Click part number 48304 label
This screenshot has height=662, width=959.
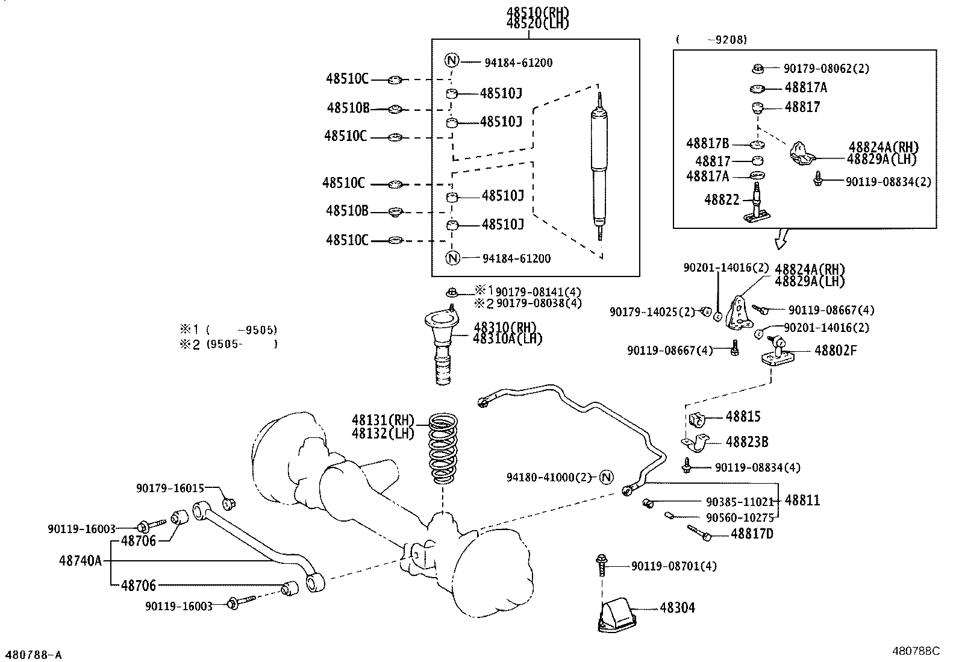pos(677,608)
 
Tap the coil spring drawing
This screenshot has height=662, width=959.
pos(445,448)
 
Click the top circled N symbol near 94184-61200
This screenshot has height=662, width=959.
pos(452,61)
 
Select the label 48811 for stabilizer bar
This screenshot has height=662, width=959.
pos(802,501)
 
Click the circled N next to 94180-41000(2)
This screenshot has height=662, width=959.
pos(606,477)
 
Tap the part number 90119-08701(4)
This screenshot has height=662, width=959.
pos(673,566)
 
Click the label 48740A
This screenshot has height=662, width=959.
pos(80,561)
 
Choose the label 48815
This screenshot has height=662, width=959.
pos(743,416)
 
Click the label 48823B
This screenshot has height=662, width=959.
pos(746,442)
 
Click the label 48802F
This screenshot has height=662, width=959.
pos(835,350)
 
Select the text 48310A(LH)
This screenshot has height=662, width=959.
pos(507,339)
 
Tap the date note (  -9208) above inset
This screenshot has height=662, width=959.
pos(711,40)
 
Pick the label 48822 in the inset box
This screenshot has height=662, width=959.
pos(722,199)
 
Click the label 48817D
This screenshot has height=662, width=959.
pos(752,534)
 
